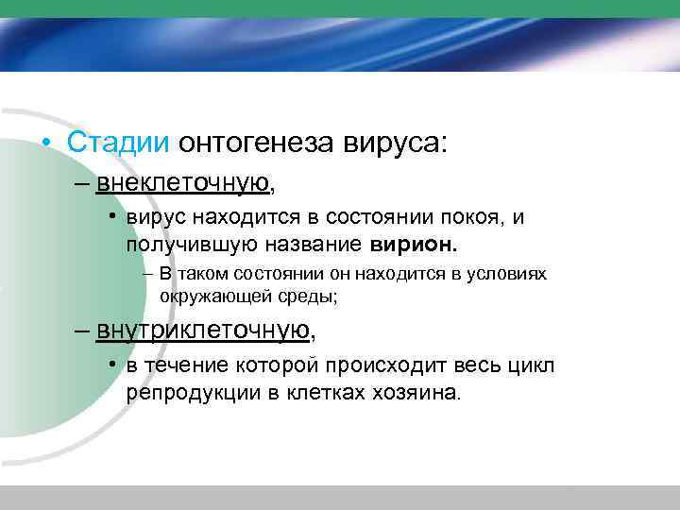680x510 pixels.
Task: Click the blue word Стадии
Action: (118, 144)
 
